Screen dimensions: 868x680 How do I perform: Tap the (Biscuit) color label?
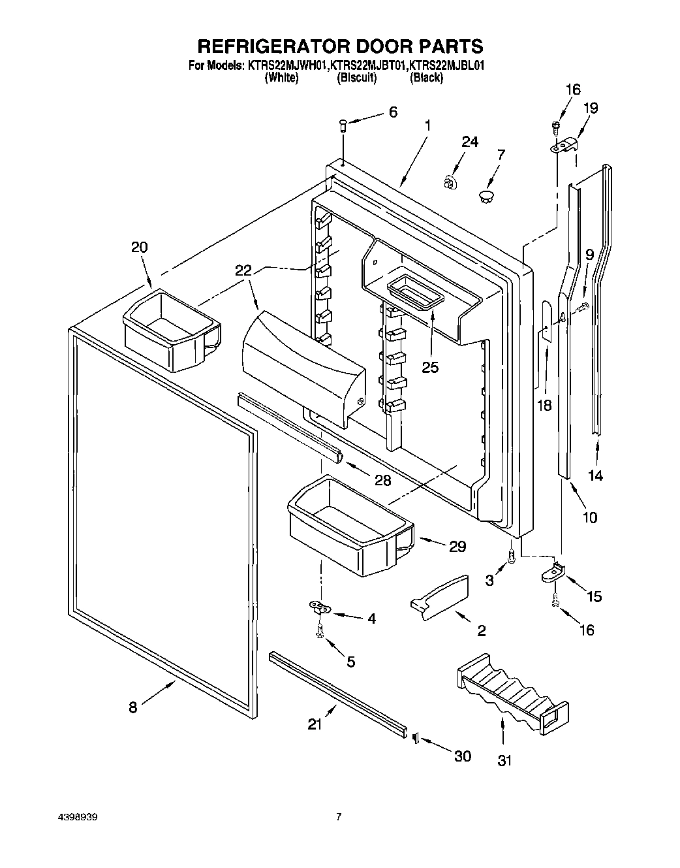pos(356,78)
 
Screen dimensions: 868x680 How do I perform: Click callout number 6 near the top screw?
pos(392,112)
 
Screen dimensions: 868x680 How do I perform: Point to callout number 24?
pos(470,142)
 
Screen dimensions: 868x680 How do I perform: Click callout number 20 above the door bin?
pos(139,247)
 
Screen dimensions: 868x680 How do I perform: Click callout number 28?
pos(382,480)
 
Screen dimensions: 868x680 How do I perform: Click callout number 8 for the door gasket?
pos(132,707)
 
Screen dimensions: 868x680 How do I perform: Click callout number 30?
pos(462,756)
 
